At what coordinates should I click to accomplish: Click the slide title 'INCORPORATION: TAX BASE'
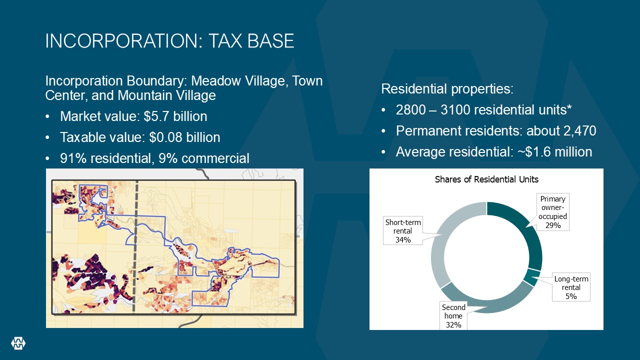click(169, 41)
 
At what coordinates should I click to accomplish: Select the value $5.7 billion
click(175, 116)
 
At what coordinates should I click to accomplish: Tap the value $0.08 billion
click(184, 137)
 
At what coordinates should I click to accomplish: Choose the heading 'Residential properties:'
click(447, 89)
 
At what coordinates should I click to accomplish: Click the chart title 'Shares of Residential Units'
click(486, 179)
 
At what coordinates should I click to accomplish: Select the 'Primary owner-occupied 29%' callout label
click(553, 212)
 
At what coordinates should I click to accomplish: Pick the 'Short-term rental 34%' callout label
click(403, 231)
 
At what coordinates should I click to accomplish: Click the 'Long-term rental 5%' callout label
click(571, 287)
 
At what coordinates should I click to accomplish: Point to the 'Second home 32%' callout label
click(453, 315)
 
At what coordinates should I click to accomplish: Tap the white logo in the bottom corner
click(18, 343)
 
